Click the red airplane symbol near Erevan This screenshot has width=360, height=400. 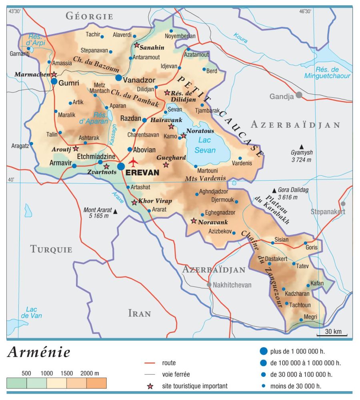pyautogui.click(x=134, y=162)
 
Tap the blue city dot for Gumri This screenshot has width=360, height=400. pyautogui.click(x=54, y=81)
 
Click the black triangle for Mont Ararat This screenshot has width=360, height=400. pyautogui.click(x=116, y=211)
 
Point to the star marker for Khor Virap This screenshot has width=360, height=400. pyautogui.click(x=134, y=203)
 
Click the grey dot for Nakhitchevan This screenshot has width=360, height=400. pyautogui.click(x=209, y=285)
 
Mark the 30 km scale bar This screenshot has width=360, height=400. pyautogui.click(x=332, y=334)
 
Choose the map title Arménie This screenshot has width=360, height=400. pyautogui.click(x=39, y=352)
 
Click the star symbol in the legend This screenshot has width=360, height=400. pyautogui.click(x=150, y=386)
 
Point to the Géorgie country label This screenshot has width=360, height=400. pyautogui.click(x=89, y=16)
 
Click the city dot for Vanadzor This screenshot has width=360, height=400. pyautogui.click(x=119, y=78)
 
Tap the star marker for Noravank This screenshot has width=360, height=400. pyautogui.click(x=194, y=221)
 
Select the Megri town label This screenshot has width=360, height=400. pyautogui.click(x=310, y=317)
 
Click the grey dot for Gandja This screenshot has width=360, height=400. pyautogui.click(x=298, y=95)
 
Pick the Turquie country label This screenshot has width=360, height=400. pyautogui.click(x=51, y=249)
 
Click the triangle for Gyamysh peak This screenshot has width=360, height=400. pyautogui.click(x=302, y=146)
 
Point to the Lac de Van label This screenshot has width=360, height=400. pyautogui.click(x=31, y=312)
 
